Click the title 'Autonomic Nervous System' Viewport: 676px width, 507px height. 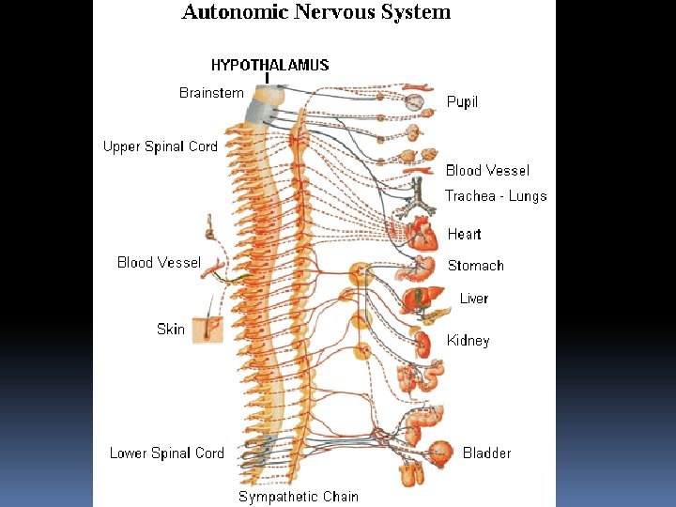pos(316,12)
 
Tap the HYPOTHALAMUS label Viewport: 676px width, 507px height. pos(269,65)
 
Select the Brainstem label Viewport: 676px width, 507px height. pos(211,93)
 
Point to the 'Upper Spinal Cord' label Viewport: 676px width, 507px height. pos(160,146)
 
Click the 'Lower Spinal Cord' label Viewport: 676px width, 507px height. pos(166,453)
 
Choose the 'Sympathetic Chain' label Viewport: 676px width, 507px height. pos(298,496)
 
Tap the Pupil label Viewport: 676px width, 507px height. pos(462,101)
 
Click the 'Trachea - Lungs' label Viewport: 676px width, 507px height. pos(495,196)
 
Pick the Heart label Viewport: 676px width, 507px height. pos(464,234)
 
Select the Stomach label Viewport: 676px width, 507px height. pos(475,266)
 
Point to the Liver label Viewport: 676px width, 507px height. pos(474,299)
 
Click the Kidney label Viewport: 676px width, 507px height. pos(468,341)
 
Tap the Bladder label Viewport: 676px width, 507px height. pos(486,453)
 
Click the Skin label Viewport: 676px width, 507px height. pos(171,329)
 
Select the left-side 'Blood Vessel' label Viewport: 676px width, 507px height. pos(159,263)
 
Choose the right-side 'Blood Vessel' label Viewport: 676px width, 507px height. pos(487,170)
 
